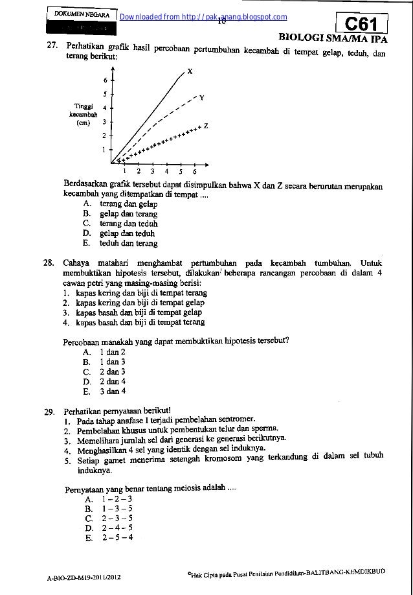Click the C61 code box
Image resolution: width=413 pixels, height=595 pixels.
coord(366,24)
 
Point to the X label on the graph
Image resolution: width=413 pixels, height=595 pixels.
coord(189,72)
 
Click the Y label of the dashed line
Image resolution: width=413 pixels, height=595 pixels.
coord(202,98)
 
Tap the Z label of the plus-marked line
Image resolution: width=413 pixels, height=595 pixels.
coord(205,126)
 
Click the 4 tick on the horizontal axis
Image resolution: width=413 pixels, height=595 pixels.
coord(166,172)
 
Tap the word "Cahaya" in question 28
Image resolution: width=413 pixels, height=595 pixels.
coord(77,264)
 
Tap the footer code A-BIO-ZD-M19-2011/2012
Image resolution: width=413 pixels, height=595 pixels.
coord(87,576)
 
